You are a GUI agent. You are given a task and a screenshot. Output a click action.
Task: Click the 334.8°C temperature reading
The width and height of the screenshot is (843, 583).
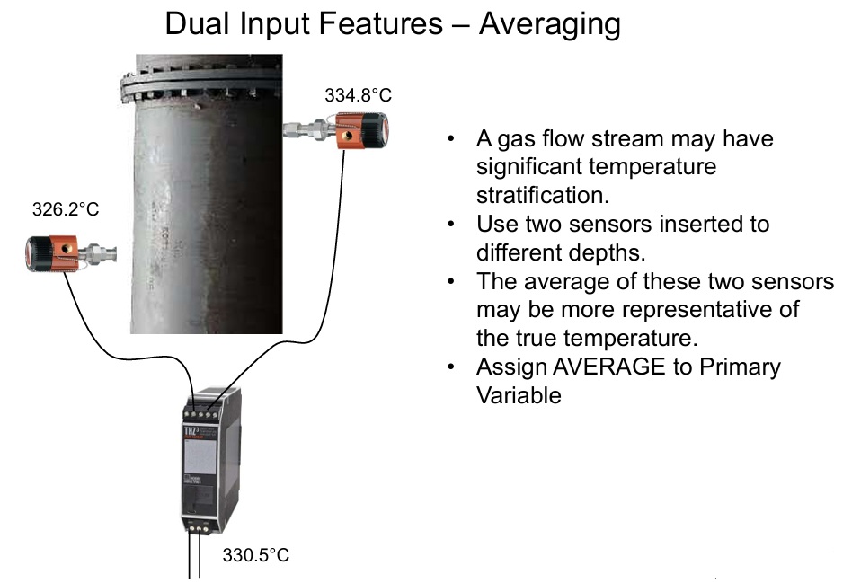[x=359, y=95]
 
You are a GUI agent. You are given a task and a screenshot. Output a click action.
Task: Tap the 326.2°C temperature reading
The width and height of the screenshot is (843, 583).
[x=64, y=209]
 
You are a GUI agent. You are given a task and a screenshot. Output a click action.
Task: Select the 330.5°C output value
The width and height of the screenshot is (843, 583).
[x=256, y=555]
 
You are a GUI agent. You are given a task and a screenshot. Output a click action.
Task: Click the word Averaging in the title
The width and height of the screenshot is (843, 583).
[x=550, y=24]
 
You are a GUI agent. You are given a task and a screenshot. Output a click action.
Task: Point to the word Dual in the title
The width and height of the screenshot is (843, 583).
[x=195, y=24]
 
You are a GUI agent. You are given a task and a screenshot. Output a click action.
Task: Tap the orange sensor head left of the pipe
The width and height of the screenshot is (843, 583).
[x=53, y=252]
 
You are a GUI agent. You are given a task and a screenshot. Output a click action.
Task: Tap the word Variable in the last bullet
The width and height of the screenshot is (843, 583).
[x=519, y=394]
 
